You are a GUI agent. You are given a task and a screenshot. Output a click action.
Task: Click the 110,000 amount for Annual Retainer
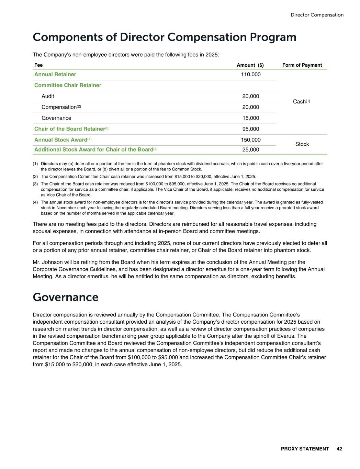click(x=251, y=75)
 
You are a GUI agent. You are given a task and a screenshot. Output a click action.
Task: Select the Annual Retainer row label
click(x=55, y=75)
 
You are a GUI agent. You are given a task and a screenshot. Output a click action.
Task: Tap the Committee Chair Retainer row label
click(x=68, y=85)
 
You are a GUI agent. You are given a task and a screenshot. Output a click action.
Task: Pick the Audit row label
click(x=48, y=96)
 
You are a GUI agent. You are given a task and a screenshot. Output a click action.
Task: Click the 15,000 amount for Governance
click(x=251, y=118)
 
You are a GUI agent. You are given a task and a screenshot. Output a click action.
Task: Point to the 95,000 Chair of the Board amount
click(x=251, y=129)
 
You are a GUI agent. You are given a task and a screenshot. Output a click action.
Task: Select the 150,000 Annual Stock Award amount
click(x=251, y=140)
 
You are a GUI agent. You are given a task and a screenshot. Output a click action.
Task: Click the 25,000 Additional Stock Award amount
click(x=251, y=149)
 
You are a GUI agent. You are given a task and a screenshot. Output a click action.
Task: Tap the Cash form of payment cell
click(x=302, y=102)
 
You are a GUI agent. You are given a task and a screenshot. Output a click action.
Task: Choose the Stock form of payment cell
click(x=302, y=144)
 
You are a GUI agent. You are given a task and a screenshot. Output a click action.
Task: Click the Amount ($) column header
click(x=250, y=65)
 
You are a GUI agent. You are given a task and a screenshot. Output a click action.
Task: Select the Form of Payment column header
click(x=302, y=65)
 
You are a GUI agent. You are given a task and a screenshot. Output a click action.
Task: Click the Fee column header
click(x=38, y=65)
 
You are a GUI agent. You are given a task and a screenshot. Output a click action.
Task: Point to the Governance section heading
click(x=66, y=297)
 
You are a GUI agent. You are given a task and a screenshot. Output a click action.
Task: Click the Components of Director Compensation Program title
click(x=164, y=37)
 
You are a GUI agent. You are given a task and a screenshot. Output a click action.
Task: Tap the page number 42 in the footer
click(x=339, y=449)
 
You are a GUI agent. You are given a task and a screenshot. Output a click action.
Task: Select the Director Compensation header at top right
click(x=317, y=15)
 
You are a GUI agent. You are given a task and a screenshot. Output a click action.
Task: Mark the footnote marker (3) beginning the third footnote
click(x=35, y=184)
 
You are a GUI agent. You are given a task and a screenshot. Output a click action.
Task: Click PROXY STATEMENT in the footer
click(x=305, y=449)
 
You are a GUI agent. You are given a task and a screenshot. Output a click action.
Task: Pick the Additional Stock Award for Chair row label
click(x=93, y=149)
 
